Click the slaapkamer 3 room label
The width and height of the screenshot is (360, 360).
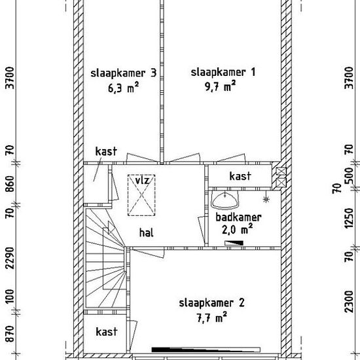pyautogui.click(x=124, y=73)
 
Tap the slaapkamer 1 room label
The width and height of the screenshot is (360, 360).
pyautogui.click(x=223, y=73)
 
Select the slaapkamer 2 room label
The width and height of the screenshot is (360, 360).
pyautogui.click(x=211, y=303)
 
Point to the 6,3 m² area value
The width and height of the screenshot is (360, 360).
pyautogui.click(x=124, y=88)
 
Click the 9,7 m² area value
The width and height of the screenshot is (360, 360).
pyautogui.click(x=221, y=86)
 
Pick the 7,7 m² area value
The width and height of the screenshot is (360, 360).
pyautogui.click(x=212, y=317)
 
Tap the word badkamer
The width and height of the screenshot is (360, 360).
pyautogui.click(x=238, y=217)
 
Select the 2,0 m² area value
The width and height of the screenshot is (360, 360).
pyautogui.click(x=238, y=230)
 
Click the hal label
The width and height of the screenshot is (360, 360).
pyautogui.click(x=146, y=233)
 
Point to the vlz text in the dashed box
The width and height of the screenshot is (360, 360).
pyautogui.click(x=142, y=181)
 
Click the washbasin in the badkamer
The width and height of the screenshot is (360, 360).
pyautogui.click(x=225, y=200)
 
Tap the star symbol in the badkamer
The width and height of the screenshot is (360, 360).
pyautogui.click(x=266, y=200)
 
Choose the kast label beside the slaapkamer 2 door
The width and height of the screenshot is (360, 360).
pyautogui.click(x=107, y=332)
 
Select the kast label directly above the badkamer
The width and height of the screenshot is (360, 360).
pyautogui.click(x=240, y=176)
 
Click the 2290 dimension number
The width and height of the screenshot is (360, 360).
pyautogui.click(x=10, y=258)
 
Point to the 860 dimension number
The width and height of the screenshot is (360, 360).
pyautogui.click(x=10, y=184)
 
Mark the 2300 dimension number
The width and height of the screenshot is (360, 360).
pyautogui.click(x=350, y=302)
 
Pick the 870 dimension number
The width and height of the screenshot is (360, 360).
pyautogui.click(x=10, y=334)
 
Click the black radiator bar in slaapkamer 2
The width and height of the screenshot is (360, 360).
pyautogui.click(x=206, y=350)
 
